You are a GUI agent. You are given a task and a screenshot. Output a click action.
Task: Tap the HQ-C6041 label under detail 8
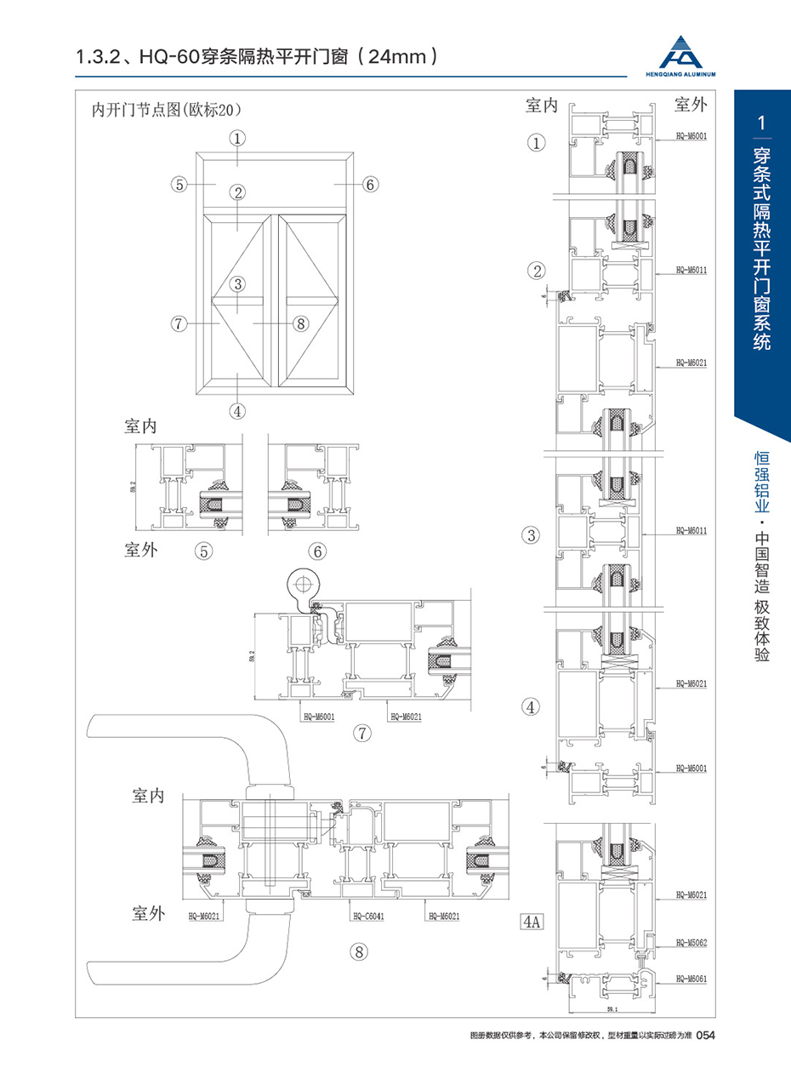coord(366,917)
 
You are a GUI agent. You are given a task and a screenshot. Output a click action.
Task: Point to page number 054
coord(709,1036)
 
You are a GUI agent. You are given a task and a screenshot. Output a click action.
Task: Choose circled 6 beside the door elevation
coord(370,184)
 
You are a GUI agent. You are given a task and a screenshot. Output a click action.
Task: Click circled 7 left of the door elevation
coord(178,323)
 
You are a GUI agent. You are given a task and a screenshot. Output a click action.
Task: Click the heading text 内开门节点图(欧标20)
coord(168,110)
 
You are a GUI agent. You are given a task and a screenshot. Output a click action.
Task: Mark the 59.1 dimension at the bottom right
coord(612,1010)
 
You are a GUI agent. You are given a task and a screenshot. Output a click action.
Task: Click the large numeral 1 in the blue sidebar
coord(763,123)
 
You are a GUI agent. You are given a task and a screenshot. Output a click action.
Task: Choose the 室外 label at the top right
coord(692,105)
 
